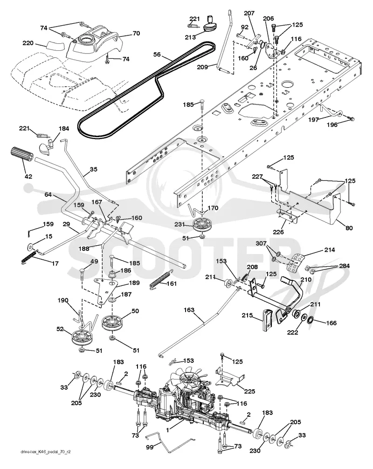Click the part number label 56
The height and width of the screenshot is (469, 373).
click(x=157, y=55)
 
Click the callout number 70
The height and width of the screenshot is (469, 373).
click(x=136, y=33)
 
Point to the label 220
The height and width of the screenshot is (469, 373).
click(x=28, y=43)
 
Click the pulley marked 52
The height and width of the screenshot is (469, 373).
click(x=81, y=338)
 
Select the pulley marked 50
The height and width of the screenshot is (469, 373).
click(x=112, y=323)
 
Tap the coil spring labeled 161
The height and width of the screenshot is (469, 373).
click(x=161, y=280)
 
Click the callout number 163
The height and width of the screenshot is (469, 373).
click(x=189, y=310)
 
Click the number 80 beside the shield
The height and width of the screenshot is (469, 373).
click(x=349, y=228)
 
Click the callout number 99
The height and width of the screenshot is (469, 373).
click(x=150, y=448)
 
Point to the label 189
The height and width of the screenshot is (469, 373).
click(x=134, y=283)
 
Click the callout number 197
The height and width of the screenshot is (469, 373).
click(x=314, y=120)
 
